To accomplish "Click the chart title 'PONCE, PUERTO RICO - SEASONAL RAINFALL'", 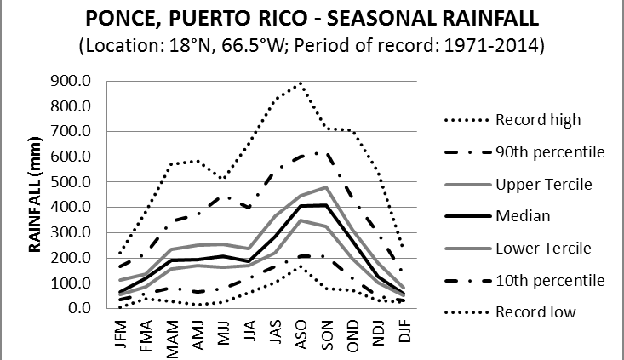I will [x=311, y=17].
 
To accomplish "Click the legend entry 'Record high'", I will [x=537, y=120].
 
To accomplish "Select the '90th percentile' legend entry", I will [x=550, y=151].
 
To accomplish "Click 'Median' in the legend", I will [x=522, y=216].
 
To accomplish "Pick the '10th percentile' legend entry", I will [x=550, y=280].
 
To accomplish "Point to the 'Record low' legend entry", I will [x=535, y=312].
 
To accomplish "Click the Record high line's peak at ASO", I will [x=300, y=83].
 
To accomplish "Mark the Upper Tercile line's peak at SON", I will [x=325, y=187].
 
